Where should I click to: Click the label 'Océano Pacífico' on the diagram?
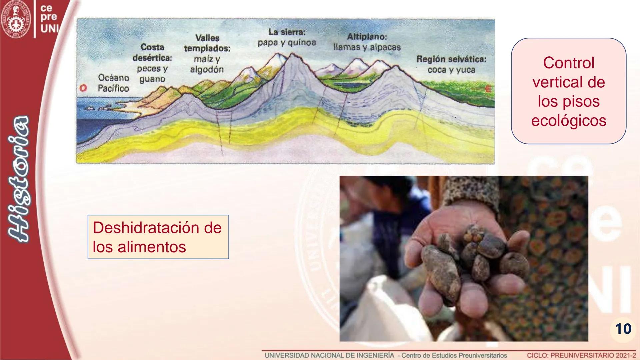[x=113, y=83]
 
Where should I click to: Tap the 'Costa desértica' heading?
[x=152, y=52]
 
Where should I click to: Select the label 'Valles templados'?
[x=207, y=43]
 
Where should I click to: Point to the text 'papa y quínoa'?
[x=287, y=43]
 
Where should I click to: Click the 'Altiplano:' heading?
[x=367, y=37]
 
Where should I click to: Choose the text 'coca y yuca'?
[x=451, y=70]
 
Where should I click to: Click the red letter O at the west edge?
[x=83, y=88]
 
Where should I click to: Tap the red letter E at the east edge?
[x=488, y=89]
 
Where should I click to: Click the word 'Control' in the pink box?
[x=569, y=63]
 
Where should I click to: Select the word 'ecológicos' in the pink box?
[x=569, y=120]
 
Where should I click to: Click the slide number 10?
[x=623, y=329]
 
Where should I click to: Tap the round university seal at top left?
[x=16, y=19]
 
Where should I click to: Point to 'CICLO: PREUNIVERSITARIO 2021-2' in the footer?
[x=581, y=355]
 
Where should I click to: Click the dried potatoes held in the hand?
[x=473, y=257]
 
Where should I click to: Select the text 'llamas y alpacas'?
[x=367, y=47]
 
